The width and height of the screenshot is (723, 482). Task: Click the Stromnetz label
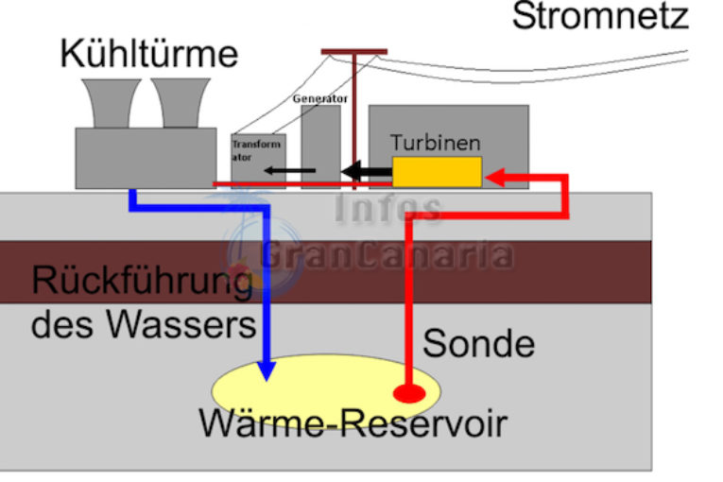click(x=600, y=16)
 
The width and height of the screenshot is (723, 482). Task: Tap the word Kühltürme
click(x=149, y=54)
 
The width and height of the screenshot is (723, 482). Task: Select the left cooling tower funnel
click(x=112, y=103)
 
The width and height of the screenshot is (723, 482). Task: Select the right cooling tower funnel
click(x=181, y=103)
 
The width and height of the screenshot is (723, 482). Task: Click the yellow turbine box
click(x=438, y=172)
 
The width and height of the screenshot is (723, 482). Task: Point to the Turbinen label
click(x=436, y=143)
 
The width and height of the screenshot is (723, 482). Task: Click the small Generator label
click(x=320, y=98)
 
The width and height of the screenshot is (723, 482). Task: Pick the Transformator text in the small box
click(x=256, y=151)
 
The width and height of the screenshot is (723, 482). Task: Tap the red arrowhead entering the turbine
click(x=495, y=177)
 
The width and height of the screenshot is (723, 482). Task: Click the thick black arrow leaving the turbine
click(x=367, y=172)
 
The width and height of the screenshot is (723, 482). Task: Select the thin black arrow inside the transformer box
click(x=289, y=171)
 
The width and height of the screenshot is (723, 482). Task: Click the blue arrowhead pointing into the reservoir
click(x=267, y=370)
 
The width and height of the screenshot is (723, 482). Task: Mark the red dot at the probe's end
click(x=409, y=393)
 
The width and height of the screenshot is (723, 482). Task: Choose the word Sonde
click(x=478, y=344)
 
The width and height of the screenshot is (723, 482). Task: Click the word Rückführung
click(x=142, y=282)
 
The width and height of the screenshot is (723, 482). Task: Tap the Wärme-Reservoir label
click(x=353, y=423)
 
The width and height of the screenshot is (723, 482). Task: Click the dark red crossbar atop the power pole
click(x=354, y=52)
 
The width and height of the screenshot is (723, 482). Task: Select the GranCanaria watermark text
click(x=387, y=254)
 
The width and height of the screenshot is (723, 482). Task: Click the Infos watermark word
click(x=387, y=208)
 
